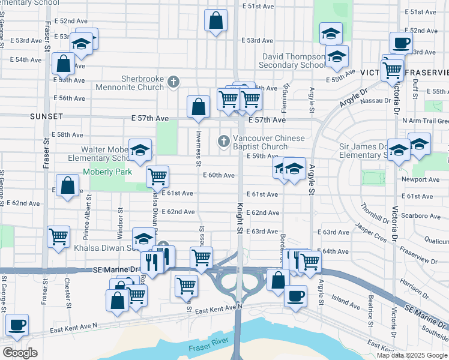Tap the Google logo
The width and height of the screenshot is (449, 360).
[20, 353]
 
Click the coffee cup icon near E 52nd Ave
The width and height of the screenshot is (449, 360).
[401, 43]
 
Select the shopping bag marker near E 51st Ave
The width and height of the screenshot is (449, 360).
[215, 20]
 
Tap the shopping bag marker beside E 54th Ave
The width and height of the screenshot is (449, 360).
[63, 64]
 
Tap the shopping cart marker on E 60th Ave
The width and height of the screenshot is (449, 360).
[157, 176]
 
